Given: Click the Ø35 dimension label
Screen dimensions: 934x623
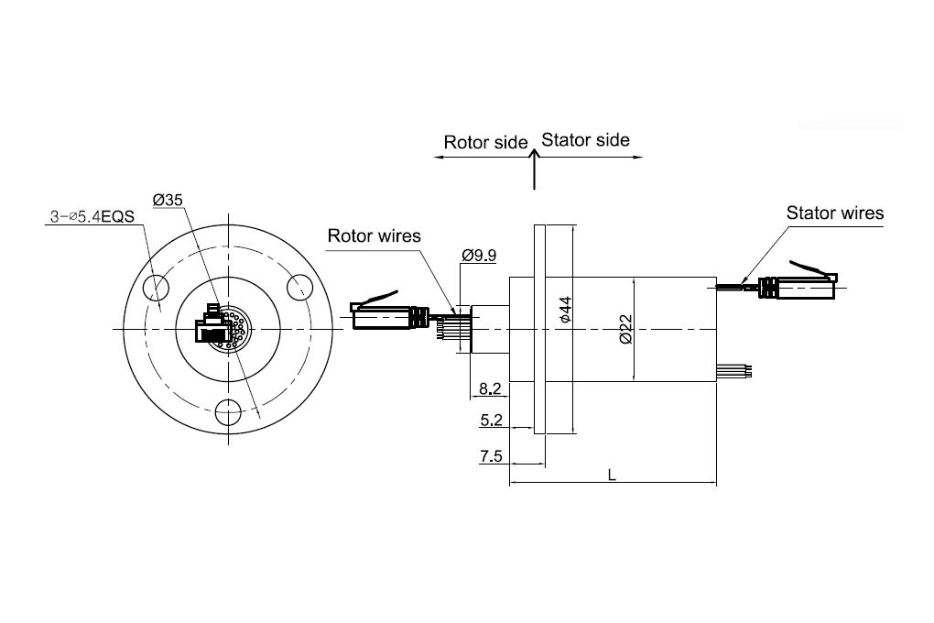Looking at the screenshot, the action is point(168,200).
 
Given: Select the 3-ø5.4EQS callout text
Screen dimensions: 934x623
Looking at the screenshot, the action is point(92,216).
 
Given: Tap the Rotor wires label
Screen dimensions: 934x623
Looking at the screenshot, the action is point(375,236).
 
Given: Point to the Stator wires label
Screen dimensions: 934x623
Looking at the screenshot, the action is point(834,213).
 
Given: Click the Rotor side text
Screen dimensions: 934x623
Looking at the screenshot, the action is point(485,143).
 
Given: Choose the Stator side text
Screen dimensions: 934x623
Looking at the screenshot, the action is point(585,140).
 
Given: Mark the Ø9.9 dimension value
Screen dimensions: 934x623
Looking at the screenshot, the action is point(479,256).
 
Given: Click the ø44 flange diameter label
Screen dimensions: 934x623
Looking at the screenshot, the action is point(565,310).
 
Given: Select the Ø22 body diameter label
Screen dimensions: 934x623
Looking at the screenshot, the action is point(625,330).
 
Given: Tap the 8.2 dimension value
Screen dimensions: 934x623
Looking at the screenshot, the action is point(490,388).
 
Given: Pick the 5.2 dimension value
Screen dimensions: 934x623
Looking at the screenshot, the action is point(491,420).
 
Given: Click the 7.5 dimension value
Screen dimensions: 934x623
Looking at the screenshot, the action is point(491,456).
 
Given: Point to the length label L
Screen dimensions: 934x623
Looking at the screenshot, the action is point(611,475).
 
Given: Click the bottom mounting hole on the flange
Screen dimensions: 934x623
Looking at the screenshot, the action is point(228,412).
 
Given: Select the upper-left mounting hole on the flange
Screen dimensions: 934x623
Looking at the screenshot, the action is point(156,288).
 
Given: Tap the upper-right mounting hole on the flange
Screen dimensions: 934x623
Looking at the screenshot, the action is point(299,287).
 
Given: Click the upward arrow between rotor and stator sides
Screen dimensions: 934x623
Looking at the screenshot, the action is point(535,169).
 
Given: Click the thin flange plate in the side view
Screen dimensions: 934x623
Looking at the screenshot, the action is point(539,329).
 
